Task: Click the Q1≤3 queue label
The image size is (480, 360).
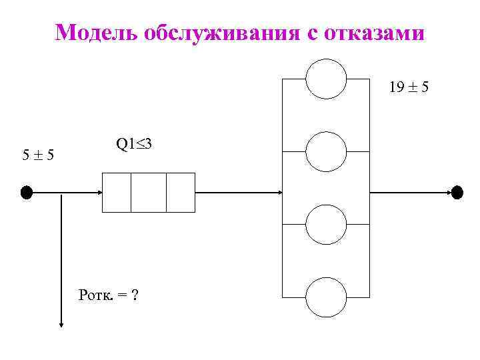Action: [x=135, y=143]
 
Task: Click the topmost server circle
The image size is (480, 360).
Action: [x=326, y=79]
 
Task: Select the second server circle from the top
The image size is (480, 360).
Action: [x=326, y=152]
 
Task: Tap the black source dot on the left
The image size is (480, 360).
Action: [x=26, y=193]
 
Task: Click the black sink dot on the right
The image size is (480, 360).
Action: [x=457, y=193]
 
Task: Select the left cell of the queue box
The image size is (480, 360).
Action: [x=116, y=193]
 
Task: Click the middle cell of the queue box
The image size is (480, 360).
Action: [x=148, y=193]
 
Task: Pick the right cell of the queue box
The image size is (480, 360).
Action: [x=180, y=193]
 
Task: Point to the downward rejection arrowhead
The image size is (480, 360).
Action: [x=61, y=323]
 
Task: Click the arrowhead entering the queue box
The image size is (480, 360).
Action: [x=98, y=193]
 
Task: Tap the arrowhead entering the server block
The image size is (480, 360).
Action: [x=279, y=193]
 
